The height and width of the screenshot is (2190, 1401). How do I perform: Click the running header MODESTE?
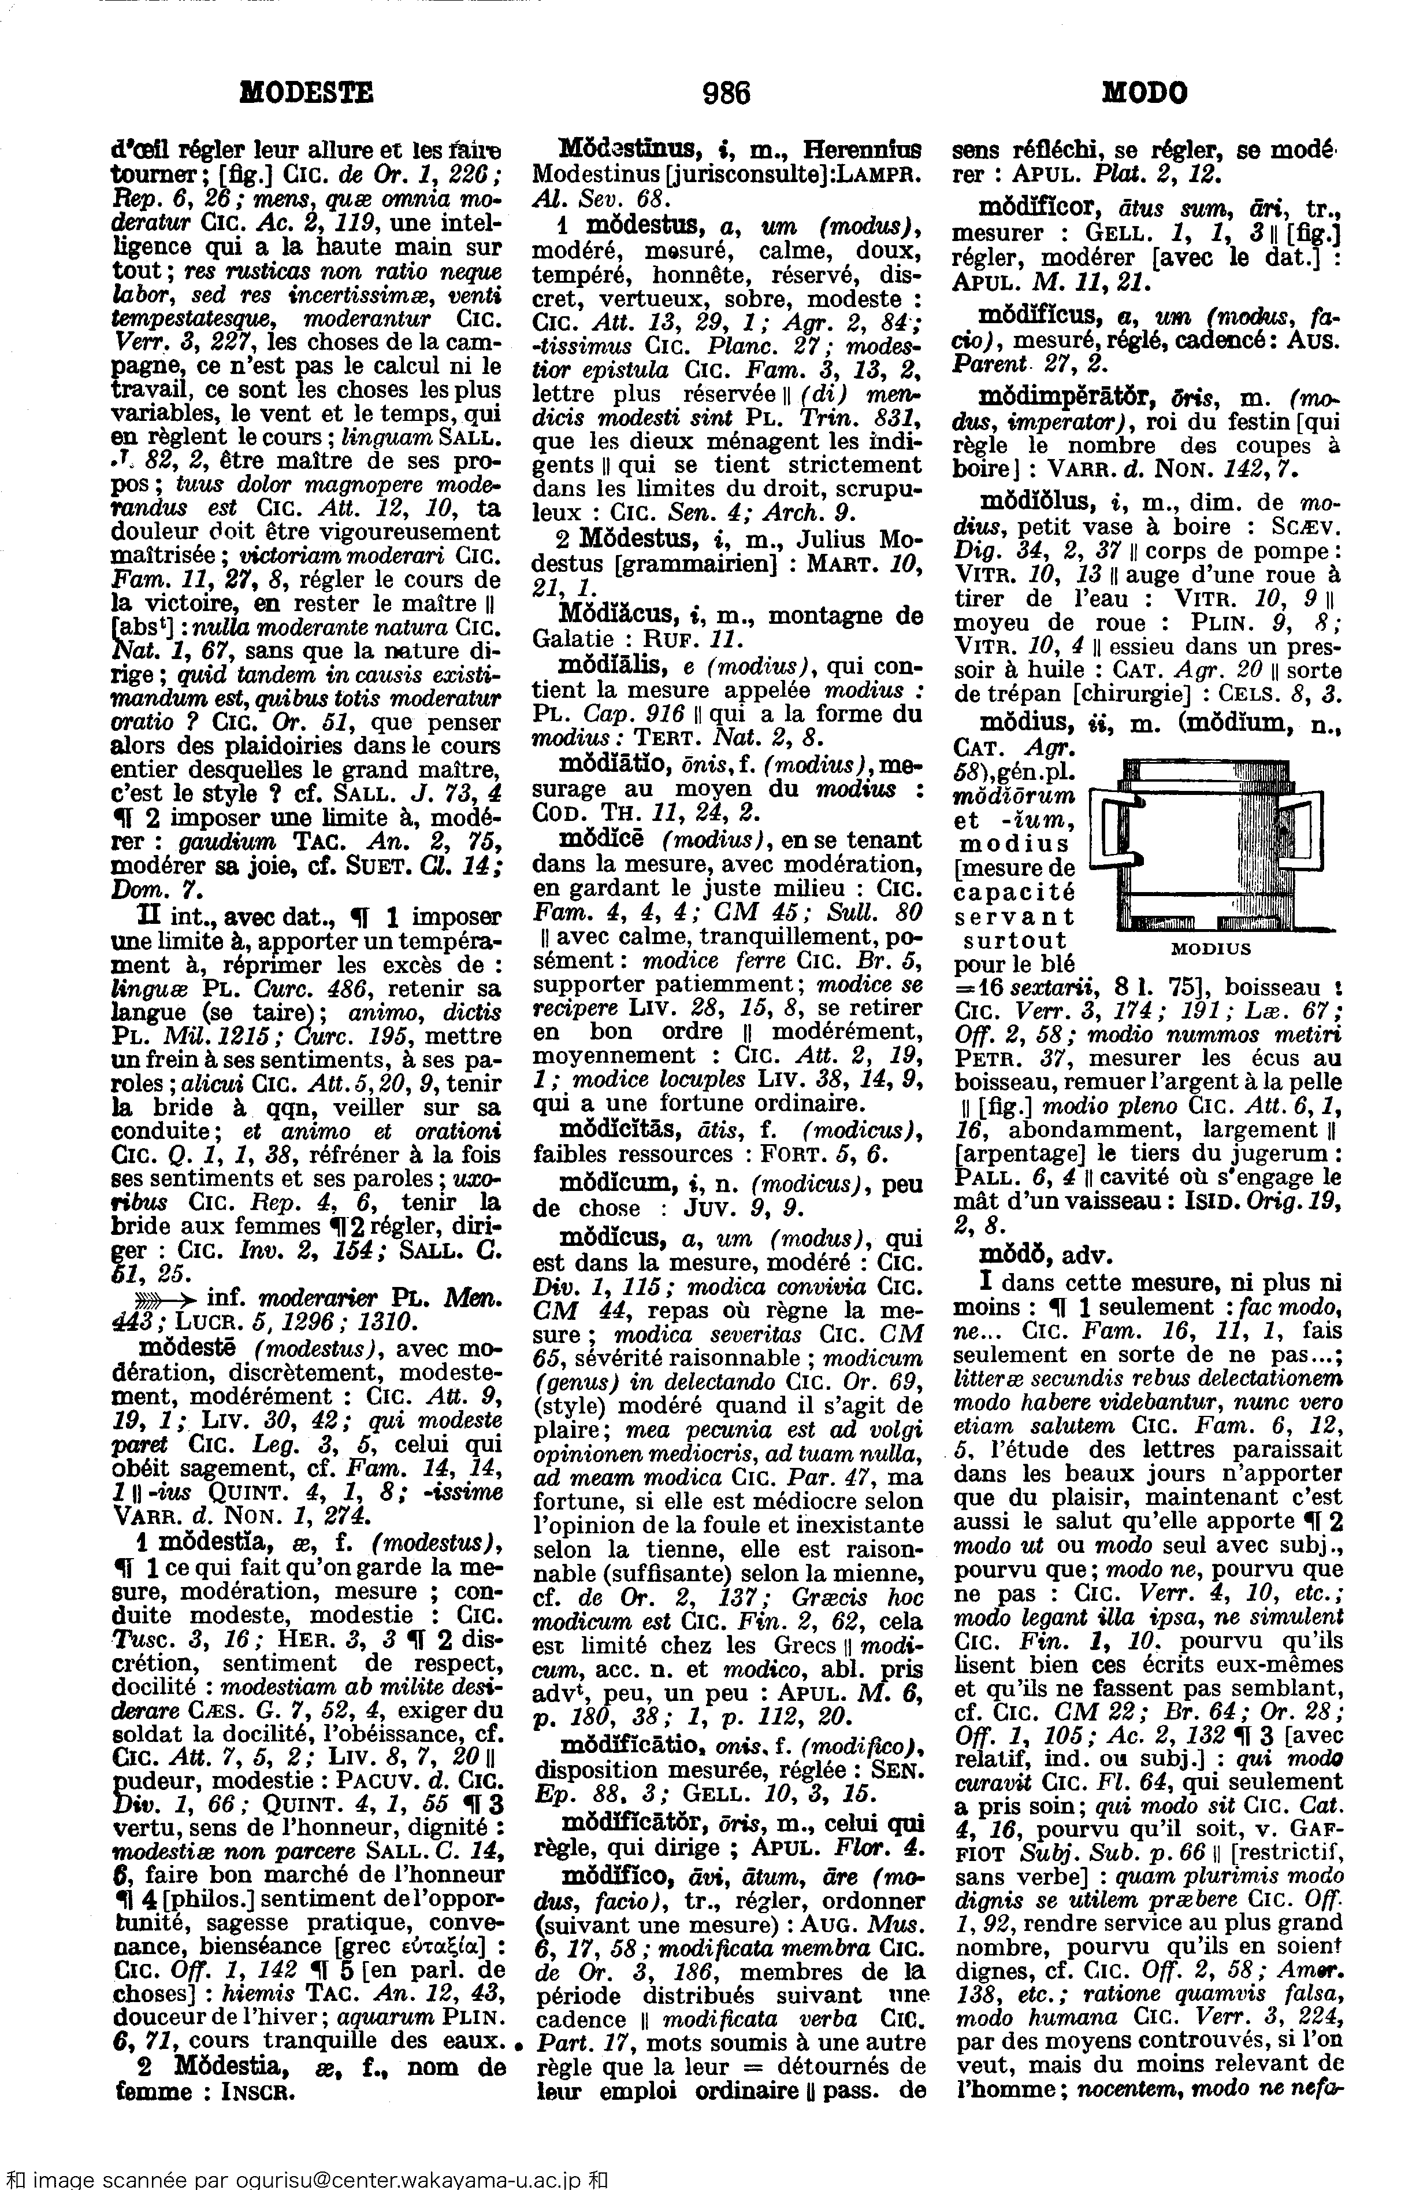coord(307,93)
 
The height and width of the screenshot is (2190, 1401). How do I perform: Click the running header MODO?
coord(1144,93)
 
